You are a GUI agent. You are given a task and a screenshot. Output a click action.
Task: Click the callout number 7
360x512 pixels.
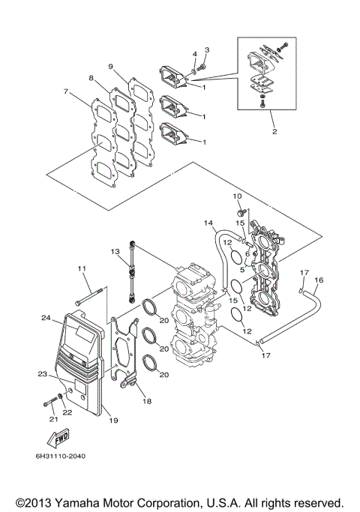tap(67, 92)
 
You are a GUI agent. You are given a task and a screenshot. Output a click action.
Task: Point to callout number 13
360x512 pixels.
tap(115, 250)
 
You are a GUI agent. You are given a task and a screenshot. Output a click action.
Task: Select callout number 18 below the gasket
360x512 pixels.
tap(147, 402)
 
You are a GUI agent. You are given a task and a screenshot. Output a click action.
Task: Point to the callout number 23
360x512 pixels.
tap(42, 373)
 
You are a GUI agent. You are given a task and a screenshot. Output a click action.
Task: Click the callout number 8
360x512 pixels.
tap(90, 78)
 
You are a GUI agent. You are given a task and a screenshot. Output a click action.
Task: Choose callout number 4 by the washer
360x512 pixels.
tap(194, 54)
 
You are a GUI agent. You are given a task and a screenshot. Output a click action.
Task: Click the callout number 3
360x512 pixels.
tap(208, 49)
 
